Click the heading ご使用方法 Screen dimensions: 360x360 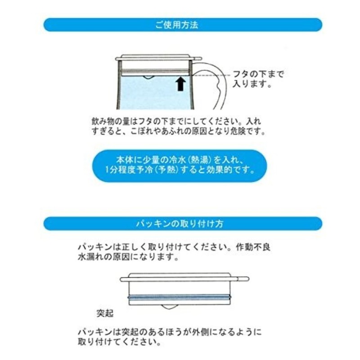pos(176,25)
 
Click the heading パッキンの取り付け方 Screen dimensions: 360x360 pos(180,223)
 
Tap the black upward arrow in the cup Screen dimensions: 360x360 pos(181,84)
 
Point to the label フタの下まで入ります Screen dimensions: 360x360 pos(258,79)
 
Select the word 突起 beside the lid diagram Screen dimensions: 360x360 pos(105,313)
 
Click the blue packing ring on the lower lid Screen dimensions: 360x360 pos(179,297)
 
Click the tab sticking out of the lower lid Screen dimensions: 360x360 pos(243,279)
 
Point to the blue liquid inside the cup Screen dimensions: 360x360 pos(154,93)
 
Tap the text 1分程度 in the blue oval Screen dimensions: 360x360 pos(120,171)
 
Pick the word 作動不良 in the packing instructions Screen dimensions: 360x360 pos(253,247)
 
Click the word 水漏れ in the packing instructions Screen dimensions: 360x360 pos(91,257)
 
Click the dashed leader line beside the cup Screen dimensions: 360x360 pos(211,75)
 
